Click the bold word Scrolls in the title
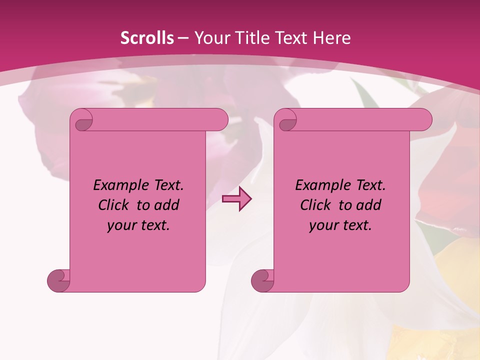tap(147, 38)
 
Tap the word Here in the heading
tap(332, 38)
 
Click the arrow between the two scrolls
tap(236, 199)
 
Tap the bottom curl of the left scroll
tap(59, 280)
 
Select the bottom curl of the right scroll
tap(263, 280)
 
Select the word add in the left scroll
tap(166, 205)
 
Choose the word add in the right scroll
tap(368, 205)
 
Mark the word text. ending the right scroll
tap(354, 225)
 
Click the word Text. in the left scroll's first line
tap(166, 185)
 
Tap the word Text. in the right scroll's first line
tap(368, 185)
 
